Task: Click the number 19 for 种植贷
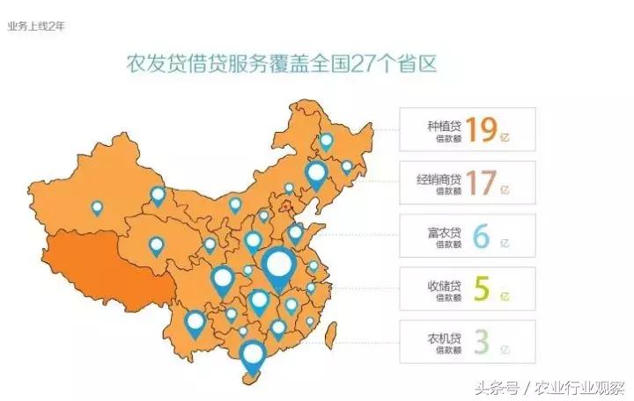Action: click(x=482, y=129)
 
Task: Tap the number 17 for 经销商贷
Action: click(x=482, y=183)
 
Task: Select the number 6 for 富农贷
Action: click(x=481, y=237)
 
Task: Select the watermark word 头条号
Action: click(x=496, y=385)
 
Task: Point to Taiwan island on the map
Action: click(x=332, y=332)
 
